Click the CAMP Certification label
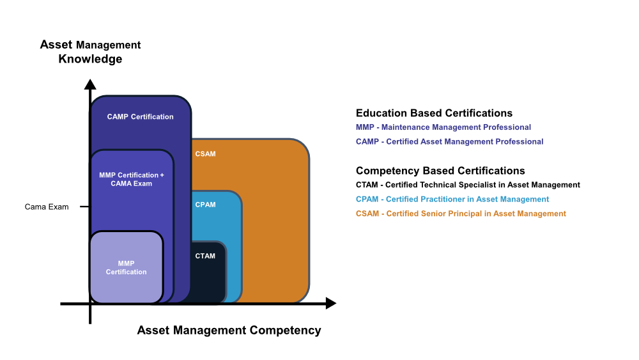[140, 117]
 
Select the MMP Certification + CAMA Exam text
[132, 179]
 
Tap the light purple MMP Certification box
[126, 267]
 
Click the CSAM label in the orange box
[205, 154]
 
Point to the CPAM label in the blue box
[205, 205]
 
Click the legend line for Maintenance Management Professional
[443, 127]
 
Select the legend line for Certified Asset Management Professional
[449, 141]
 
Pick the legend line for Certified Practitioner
[452, 200]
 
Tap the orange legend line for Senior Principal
[461, 214]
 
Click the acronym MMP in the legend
[365, 127]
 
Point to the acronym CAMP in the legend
[367, 141]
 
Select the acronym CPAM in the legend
[367, 200]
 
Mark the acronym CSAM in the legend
[367, 214]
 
